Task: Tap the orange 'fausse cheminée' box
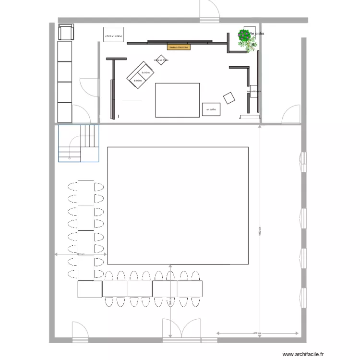click(x=179, y=47)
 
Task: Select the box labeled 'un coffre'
click(x=211, y=109)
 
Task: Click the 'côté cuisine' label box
click(x=114, y=35)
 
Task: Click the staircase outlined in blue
click(x=78, y=143)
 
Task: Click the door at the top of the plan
click(x=210, y=11)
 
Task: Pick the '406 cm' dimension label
click(x=257, y=333)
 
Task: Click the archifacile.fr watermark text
click(x=303, y=355)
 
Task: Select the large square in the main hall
click(x=178, y=205)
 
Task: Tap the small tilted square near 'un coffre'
click(x=229, y=97)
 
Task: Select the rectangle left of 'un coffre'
click(x=177, y=100)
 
